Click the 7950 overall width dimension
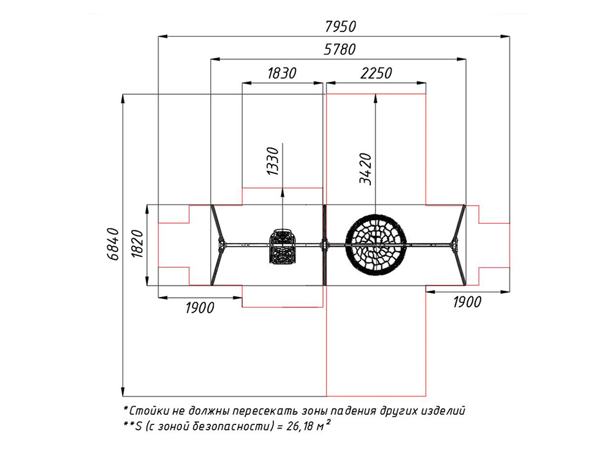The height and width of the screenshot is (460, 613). [x=340, y=26]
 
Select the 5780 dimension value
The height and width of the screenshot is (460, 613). [x=340, y=49]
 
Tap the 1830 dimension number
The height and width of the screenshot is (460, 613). [x=282, y=73]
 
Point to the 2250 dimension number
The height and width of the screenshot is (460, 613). [x=376, y=73]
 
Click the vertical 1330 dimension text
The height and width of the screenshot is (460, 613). [x=273, y=161]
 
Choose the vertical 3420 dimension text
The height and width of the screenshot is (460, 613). [x=365, y=169]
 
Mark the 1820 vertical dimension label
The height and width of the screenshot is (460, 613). [x=137, y=244]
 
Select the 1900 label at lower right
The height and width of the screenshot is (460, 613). [x=467, y=302]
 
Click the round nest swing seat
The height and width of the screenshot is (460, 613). [x=376, y=244]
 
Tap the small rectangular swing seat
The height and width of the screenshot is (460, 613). [x=281, y=246]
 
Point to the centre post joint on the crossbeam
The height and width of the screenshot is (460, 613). [x=324, y=245]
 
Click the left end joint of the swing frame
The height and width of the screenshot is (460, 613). [x=222, y=245]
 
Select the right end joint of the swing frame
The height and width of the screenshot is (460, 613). [x=454, y=245]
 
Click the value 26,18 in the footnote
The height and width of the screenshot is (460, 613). [x=300, y=426]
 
